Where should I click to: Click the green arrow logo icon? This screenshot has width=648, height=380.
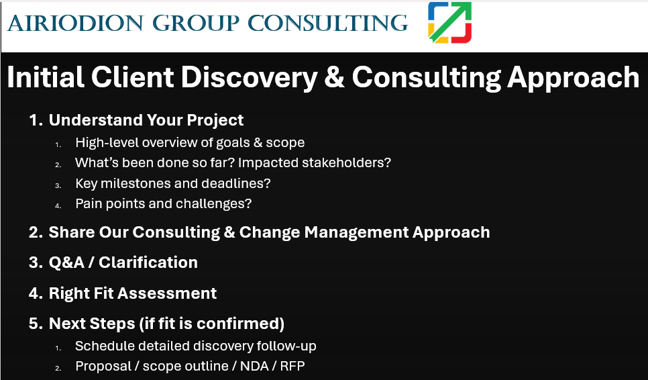(x=449, y=22)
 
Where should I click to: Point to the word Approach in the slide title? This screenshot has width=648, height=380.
(x=573, y=77)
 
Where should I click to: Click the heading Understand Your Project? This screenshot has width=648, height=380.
(x=146, y=120)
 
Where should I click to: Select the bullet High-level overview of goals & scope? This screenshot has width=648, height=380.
(x=190, y=142)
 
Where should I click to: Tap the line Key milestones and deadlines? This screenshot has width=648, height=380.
(x=172, y=183)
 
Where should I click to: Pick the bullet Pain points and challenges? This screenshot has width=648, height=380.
(x=163, y=203)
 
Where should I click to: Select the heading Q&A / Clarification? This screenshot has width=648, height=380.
(x=123, y=263)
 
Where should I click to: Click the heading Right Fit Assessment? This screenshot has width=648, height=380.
(x=132, y=293)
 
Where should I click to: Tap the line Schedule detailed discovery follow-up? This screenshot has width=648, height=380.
(x=195, y=346)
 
